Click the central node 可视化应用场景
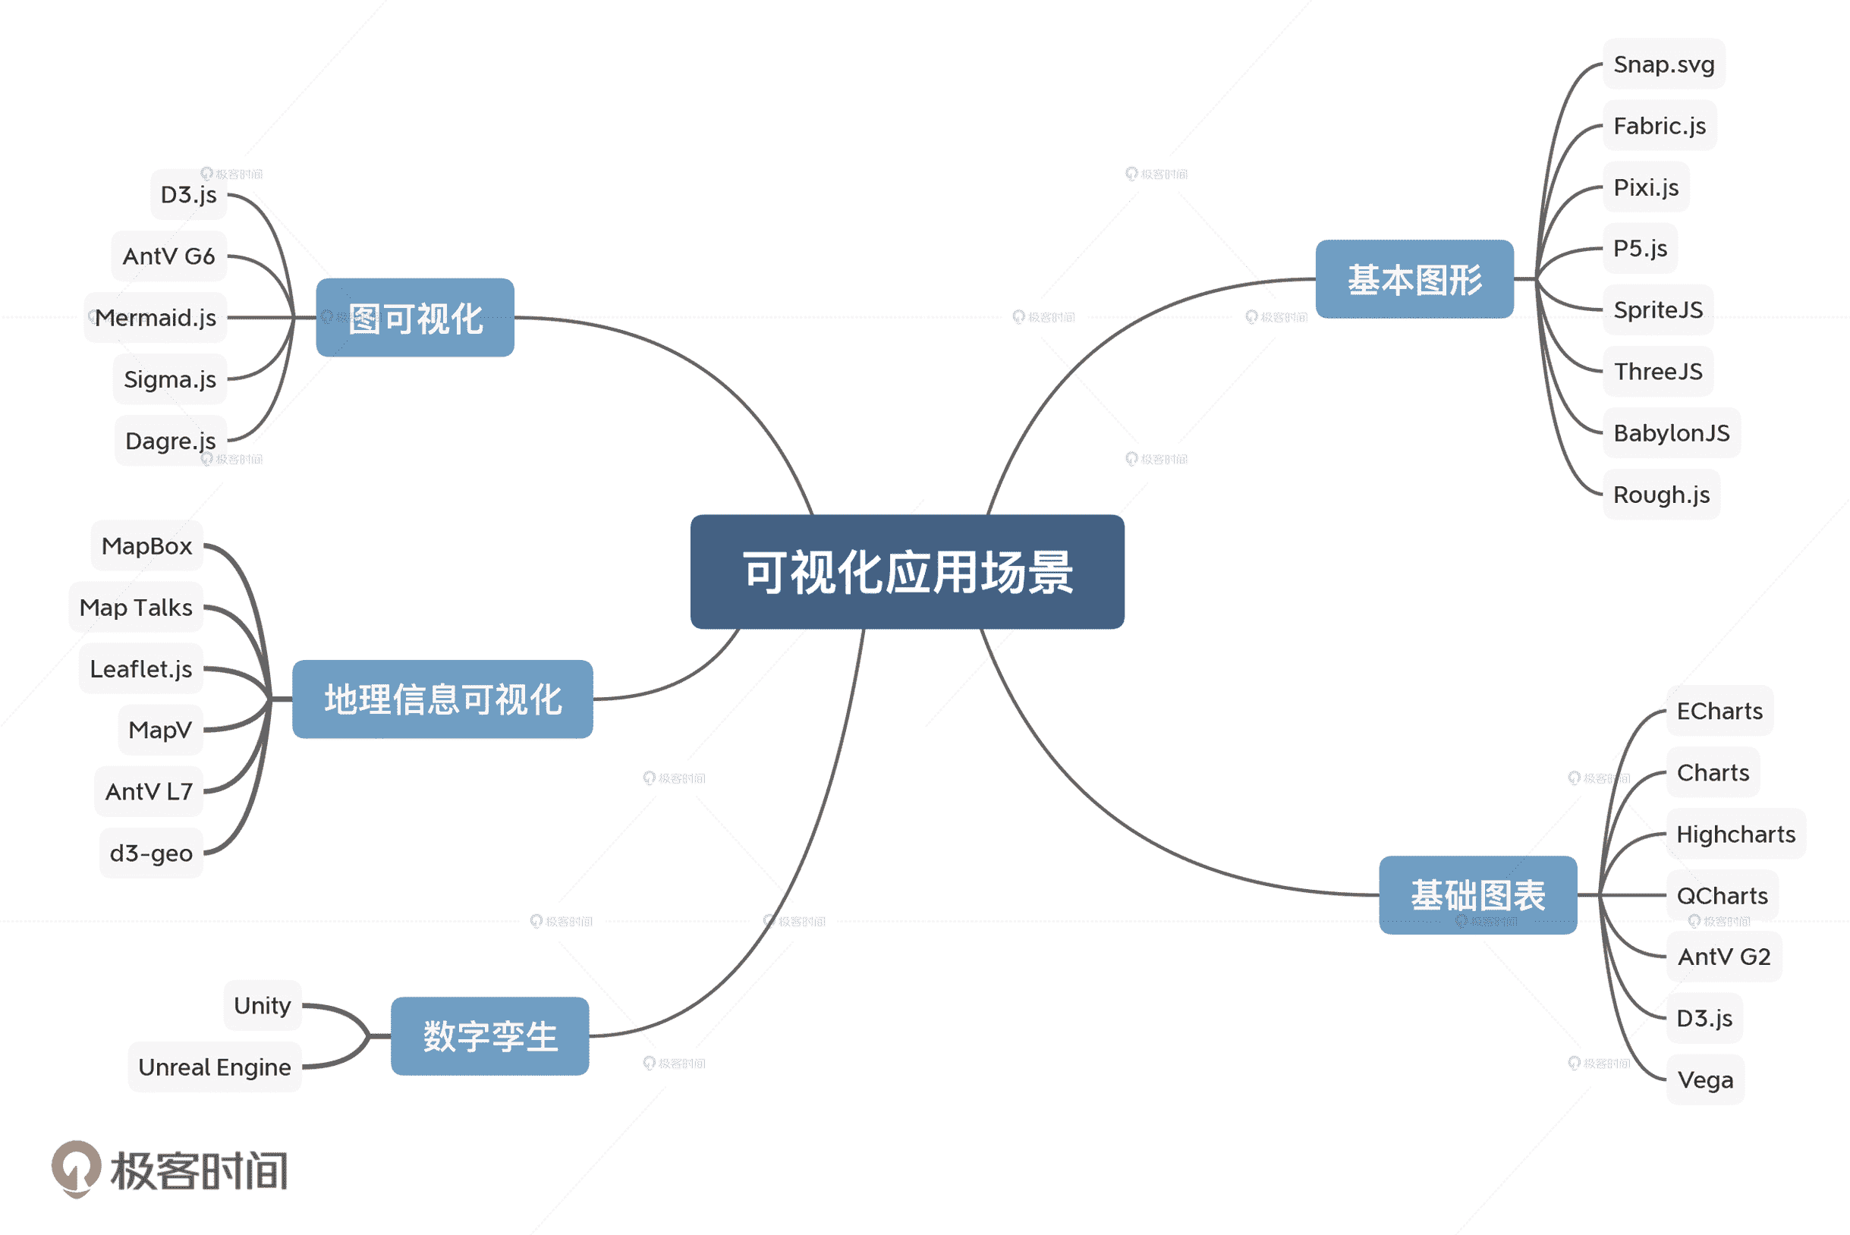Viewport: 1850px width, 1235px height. [x=907, y=572]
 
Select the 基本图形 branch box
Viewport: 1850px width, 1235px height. [x=1414, y=280]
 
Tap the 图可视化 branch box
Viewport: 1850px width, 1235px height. [x=415, y=318]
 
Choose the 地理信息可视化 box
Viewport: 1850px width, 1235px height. [x=443, y=699]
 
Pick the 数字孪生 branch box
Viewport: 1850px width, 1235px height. [x=490, y=1036]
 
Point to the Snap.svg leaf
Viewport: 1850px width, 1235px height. [x=1663, y=64]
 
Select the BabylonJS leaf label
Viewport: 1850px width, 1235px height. [x=1671, y=433]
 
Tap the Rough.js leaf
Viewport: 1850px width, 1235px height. [x=1661, y=495]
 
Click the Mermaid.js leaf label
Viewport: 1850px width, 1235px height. [x=156, y=317]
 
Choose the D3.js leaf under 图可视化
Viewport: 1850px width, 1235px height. [x=188, y=194]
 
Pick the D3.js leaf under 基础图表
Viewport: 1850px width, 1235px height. [x=1704, y=1018]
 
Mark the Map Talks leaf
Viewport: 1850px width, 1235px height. [x=137, y=608]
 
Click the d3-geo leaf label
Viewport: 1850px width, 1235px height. [x=151, y=853]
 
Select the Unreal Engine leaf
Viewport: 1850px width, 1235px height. [x=214, y=1067]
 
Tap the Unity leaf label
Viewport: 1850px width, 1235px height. [x=263, y=1006]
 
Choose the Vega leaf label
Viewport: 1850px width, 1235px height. [x=1705, y=1079]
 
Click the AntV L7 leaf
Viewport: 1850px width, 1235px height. [x=149, y=791]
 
